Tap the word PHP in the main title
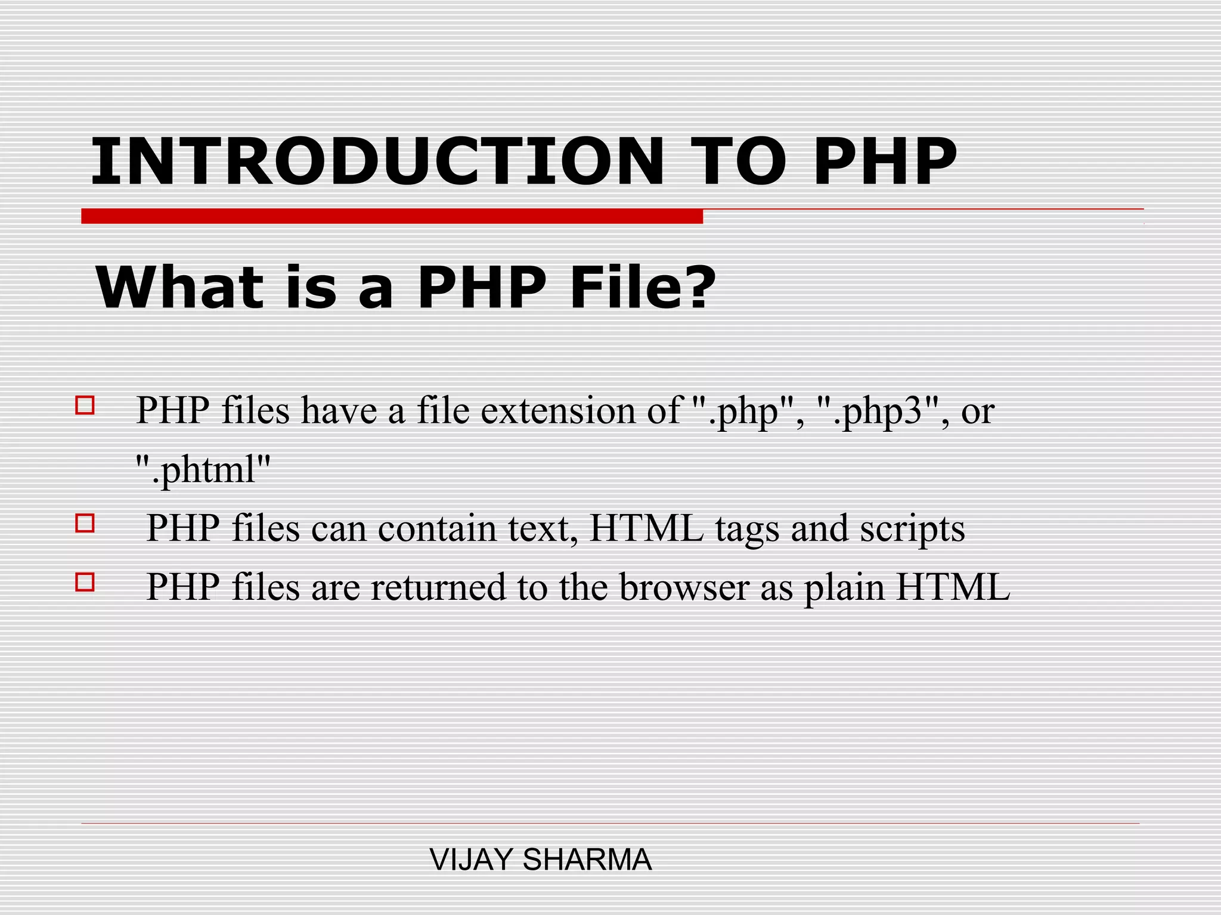[x=885, y=161]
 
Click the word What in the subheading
[x=179, y=288]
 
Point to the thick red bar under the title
[x=392, y=216]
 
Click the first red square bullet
[x=85, y=406]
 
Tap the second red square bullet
[x=85, y=523]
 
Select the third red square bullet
[x=85, y=581]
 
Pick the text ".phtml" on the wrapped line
[x=203, y=469]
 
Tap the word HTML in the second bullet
[x=647, y=528]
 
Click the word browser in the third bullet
[x=684, y=587]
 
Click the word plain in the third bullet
[x=844, y=588]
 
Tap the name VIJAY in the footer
[x=471, y=860]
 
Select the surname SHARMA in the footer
[x=587, y=860]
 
